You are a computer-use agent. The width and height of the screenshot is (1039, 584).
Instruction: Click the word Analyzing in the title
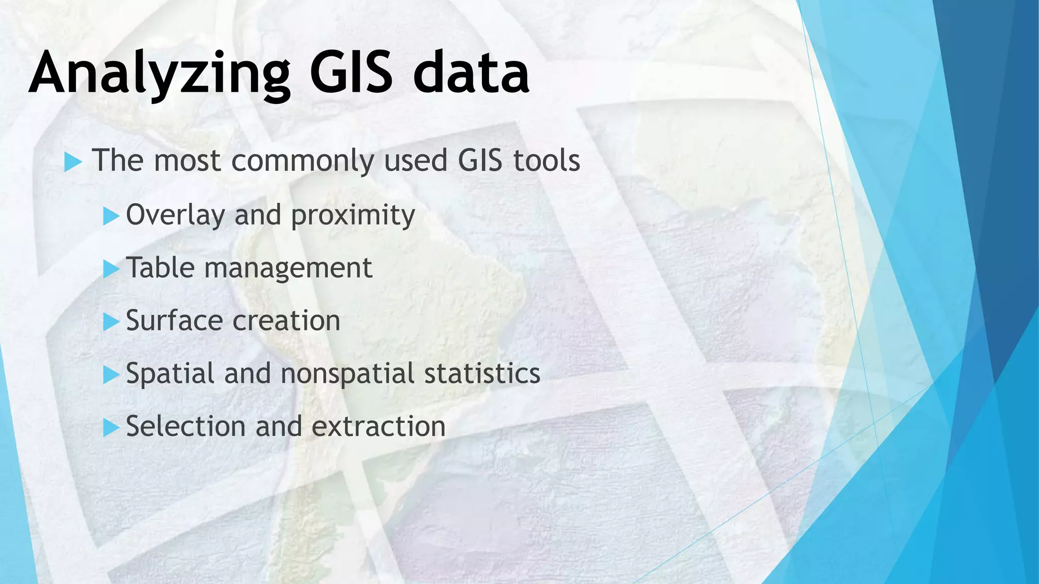(x=159, y=74)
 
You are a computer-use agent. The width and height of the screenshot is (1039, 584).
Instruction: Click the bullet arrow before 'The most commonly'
(x=73, y=163)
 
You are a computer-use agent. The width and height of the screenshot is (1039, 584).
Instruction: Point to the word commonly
(x=303, y=161)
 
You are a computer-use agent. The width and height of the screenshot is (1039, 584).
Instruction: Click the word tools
(x=546, y=161)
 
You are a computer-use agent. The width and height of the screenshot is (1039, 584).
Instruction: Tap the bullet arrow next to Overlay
(x=111, y=216)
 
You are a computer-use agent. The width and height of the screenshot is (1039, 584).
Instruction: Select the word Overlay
(x=175, y=215)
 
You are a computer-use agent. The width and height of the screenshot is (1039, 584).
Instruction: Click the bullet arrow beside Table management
(x=111, y=269)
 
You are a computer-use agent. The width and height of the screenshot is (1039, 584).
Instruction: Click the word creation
(x=286, y=321)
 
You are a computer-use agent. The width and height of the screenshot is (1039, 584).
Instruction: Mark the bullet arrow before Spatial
(x=111, y=375)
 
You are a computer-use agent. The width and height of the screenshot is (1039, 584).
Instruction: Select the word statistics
(x=482, y=374)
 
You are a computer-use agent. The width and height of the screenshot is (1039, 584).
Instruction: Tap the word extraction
(x=378, y=426)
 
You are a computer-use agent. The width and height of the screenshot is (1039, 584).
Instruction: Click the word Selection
(x=186, y=426)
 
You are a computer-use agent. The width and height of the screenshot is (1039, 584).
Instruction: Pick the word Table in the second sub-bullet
(x=160, y=268)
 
